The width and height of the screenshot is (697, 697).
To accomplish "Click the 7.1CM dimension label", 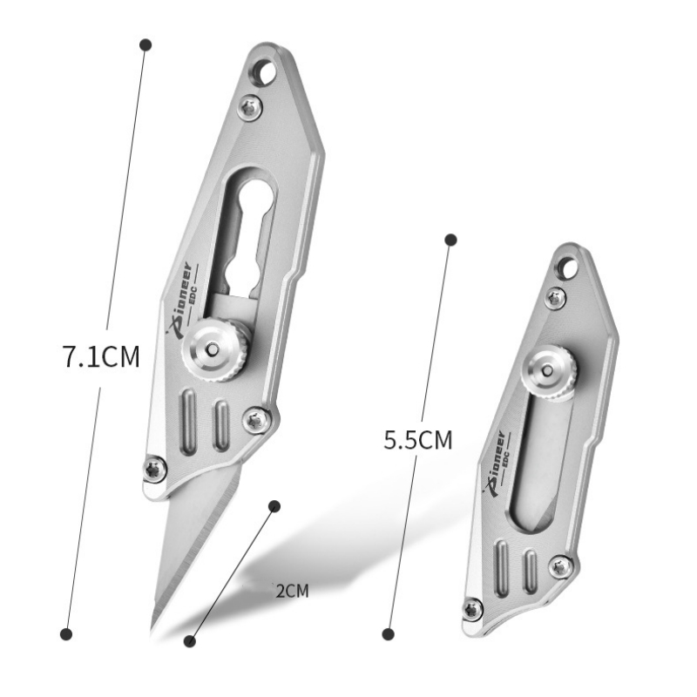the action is tap(102, 355).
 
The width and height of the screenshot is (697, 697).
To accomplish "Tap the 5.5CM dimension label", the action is tap(418, 440).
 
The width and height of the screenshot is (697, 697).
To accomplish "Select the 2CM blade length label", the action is tap(292, 592).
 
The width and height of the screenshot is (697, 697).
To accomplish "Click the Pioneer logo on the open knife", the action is tap(183, 301).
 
